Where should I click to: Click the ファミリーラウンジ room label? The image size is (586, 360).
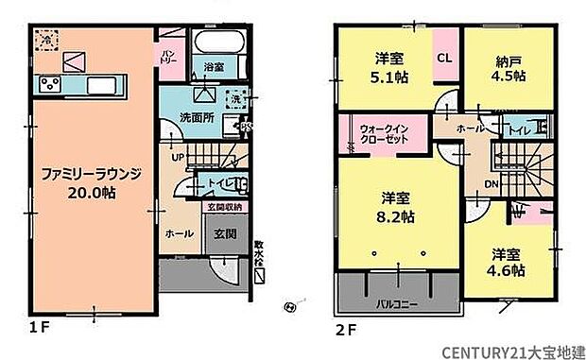[x=91, y=174]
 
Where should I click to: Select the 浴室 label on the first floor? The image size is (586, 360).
[x=213, y=67]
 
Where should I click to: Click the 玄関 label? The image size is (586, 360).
[x=224, y=233]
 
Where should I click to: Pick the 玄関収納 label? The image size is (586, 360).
[x=224, y=206]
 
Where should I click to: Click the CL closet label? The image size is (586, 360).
[x=443, y=58]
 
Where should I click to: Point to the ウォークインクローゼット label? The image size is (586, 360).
[x=383, y=132]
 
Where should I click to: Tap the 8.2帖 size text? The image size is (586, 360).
[x=394, y=215]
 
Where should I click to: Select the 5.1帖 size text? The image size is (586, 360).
[x=388, y=77]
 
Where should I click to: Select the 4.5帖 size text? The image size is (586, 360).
[x=507, y=77]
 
